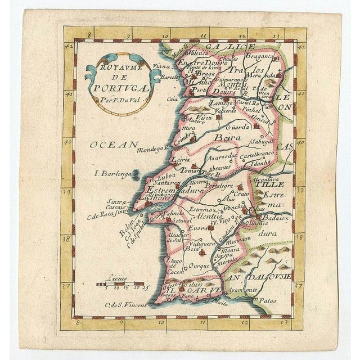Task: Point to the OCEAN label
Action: click(112, 145)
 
